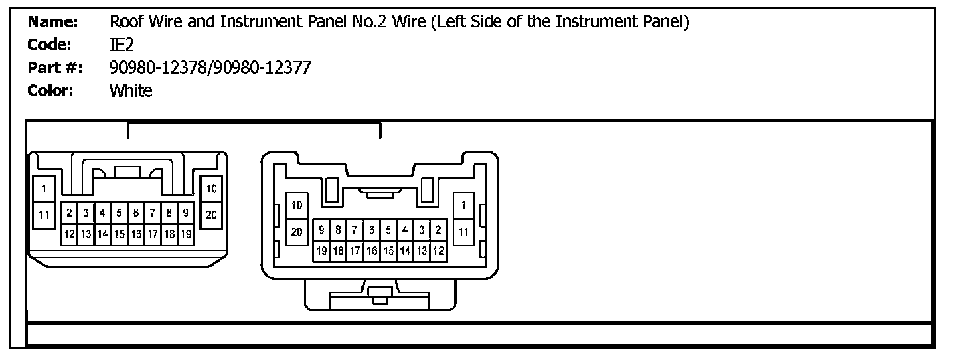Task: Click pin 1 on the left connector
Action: tap(44, 189)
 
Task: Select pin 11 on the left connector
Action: tap(44, 215)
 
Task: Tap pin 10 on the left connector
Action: tap(211, 189)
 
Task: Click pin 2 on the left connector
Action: tap(69, 213)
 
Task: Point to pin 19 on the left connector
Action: tap(186, 234)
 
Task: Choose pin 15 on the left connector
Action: tap(119, 234)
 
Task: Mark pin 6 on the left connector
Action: tap(136, 213)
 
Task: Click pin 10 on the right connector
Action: tap(297, 205)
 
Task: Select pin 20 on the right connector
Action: tap(297, 232)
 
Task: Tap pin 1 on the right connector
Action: tap(463, 205)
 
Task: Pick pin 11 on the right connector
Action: tap(463, 232)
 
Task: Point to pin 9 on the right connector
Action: tap(321, 230)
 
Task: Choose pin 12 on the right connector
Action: tap(438, 251)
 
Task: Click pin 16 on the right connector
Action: tap(372, 251)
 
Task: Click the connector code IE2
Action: tap(122, 45)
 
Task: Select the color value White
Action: tap(131, 91)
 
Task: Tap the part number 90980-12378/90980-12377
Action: tap(210, 68)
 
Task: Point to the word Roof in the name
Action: tap(125, 22)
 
